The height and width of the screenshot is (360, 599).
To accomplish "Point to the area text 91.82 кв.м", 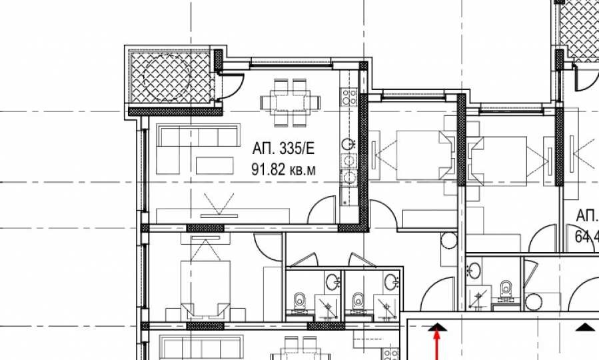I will pos(283,170).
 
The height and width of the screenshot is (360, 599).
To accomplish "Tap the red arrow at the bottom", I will pos(438,343).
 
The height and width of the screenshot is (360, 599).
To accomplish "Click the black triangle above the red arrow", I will pos(438,326).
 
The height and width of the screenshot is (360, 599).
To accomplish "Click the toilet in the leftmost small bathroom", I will pos(300,301).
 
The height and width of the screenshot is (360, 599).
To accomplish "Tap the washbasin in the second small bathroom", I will pos(390,279).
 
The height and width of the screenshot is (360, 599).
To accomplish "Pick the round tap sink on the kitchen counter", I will pos(347,143).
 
